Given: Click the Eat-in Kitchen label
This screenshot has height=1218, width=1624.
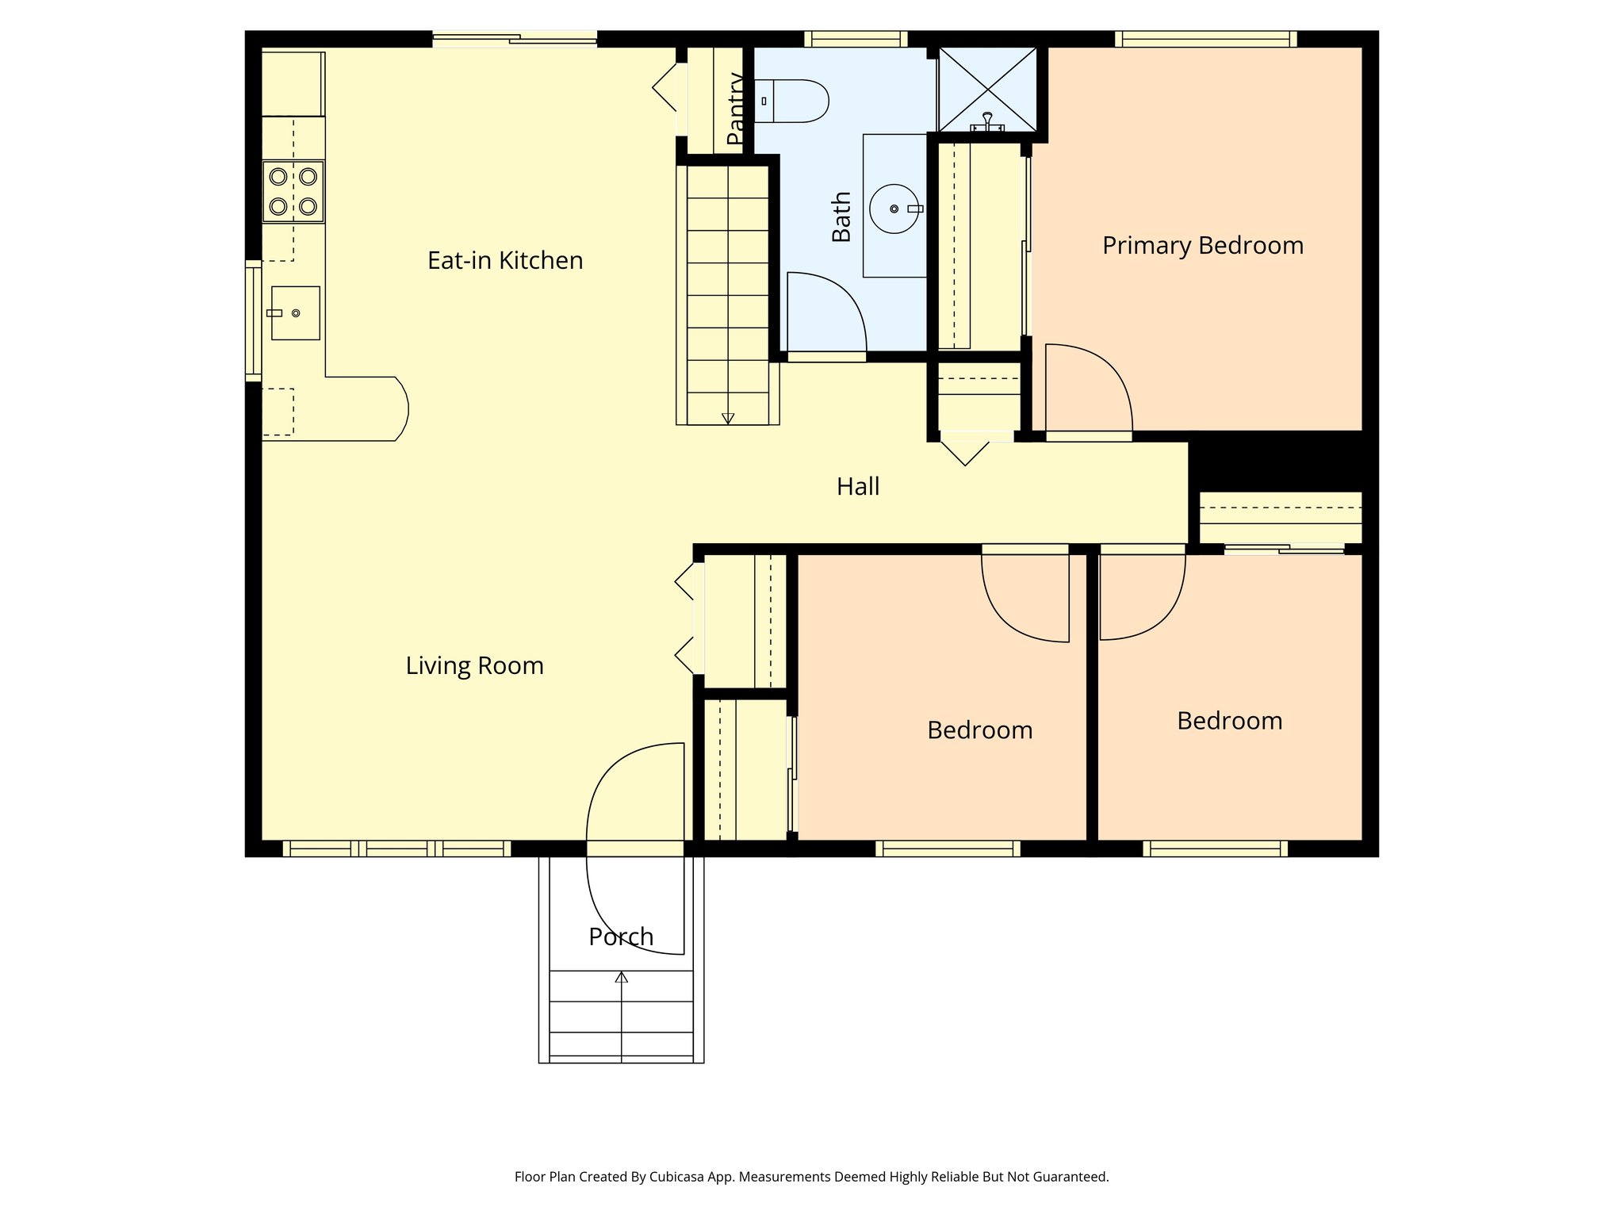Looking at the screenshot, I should point(505,261).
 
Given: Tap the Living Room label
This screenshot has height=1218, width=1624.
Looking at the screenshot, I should point(474,665).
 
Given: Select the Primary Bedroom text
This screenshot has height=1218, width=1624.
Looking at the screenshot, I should point(1202,246).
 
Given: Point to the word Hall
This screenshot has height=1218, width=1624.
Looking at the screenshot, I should point(858,486).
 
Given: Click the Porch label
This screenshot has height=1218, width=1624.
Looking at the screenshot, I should point(621,936).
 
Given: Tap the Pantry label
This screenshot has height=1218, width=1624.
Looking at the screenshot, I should point(735,109).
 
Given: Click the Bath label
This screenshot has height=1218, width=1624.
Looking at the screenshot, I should point(841,216).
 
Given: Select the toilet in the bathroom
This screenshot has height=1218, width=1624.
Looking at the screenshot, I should point(793,101).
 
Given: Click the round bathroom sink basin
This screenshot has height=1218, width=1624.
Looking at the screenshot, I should point(894,209).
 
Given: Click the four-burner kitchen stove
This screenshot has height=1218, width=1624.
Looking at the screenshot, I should point(293,191).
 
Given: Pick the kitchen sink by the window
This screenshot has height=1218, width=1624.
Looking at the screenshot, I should point(296,313).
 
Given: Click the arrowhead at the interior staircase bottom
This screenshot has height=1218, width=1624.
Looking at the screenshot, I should point(728,419).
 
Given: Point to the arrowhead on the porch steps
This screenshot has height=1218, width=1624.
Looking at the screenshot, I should point(622,978).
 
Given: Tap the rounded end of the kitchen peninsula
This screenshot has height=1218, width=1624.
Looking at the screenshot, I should point(400,409).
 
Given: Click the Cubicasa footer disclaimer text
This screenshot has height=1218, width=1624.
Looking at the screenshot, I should point(811,1177).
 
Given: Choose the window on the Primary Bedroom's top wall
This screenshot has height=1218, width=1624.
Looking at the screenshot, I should point(1205,39).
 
